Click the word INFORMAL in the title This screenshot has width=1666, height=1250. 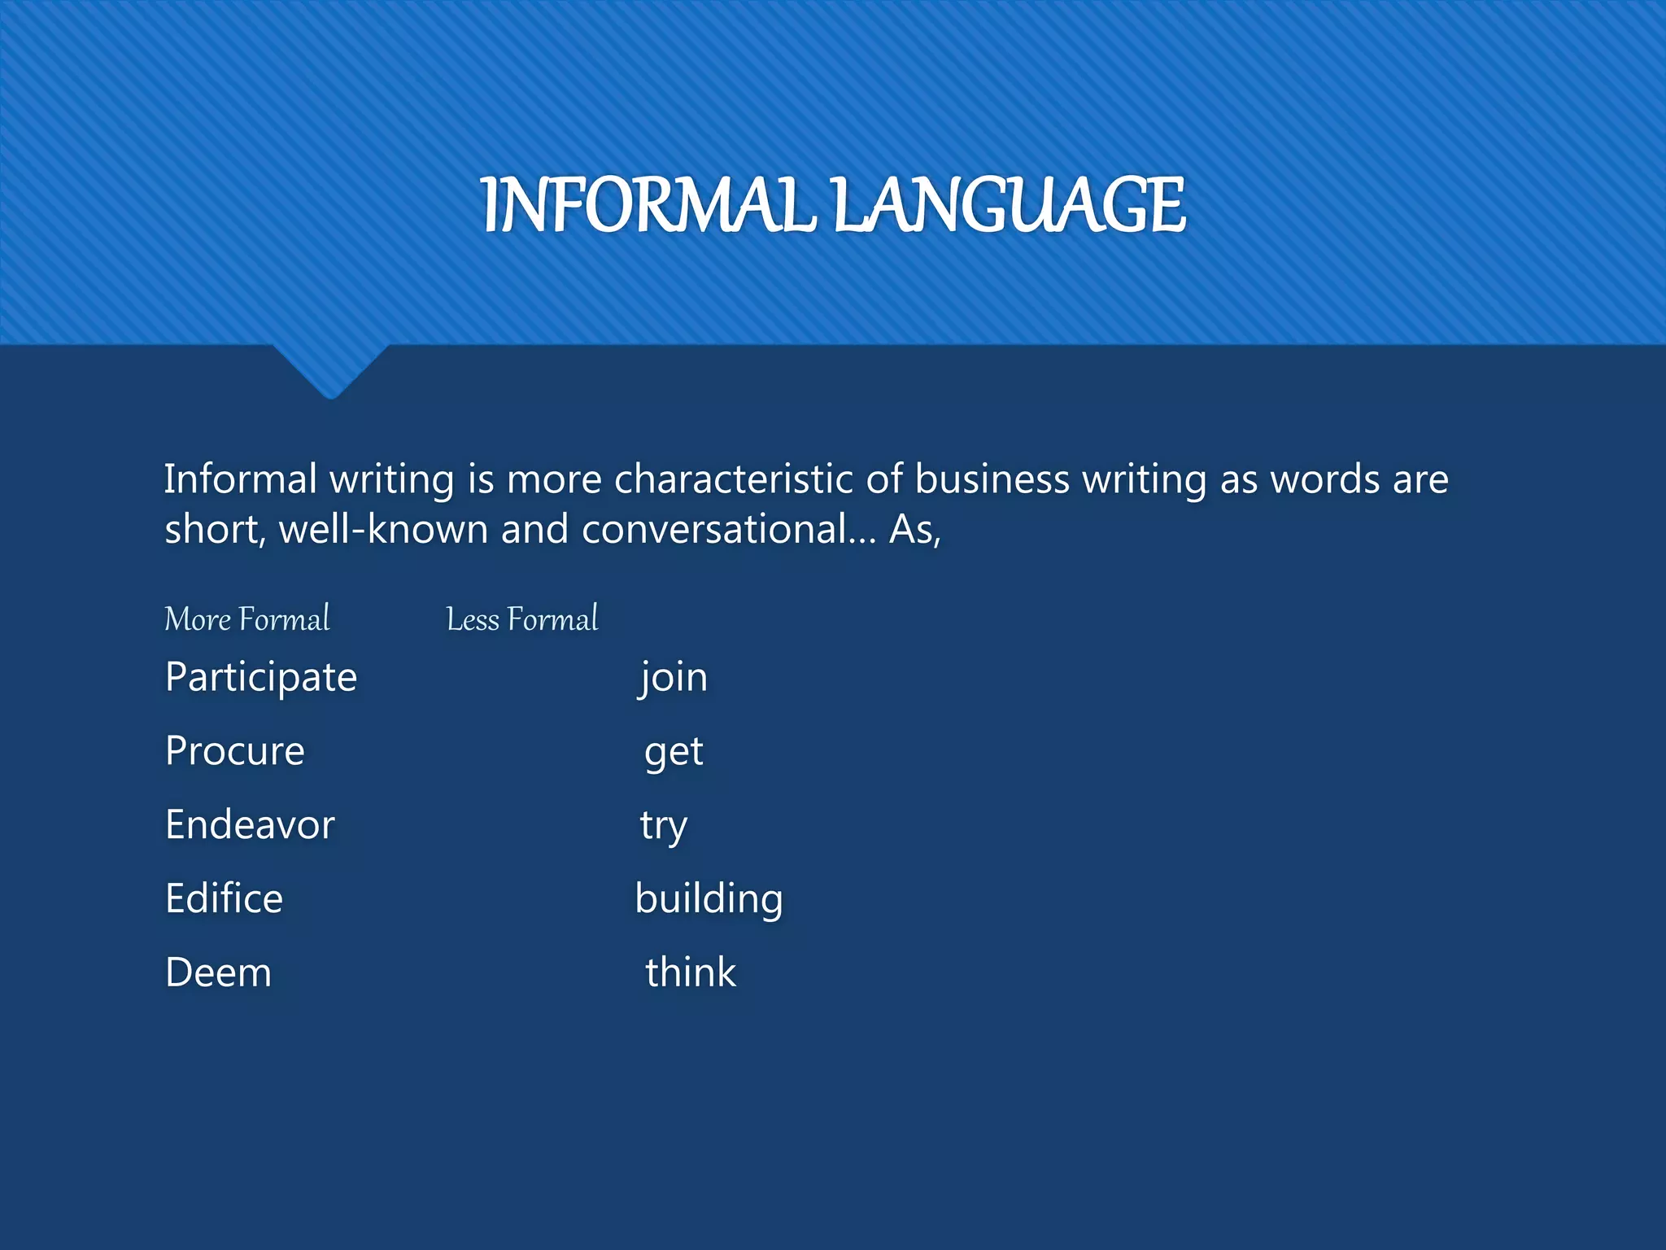[648, 205]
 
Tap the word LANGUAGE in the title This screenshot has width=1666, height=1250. [1009, 205]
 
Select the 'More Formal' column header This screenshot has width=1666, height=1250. [247, 619]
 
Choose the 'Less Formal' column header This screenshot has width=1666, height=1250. [522, 619]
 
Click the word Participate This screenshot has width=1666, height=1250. [261, 677]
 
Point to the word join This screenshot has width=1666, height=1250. [673, 677]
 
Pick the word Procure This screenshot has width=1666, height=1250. [235, 751]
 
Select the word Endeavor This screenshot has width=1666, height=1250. [250, 825]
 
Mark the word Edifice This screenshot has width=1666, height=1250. [224, 898]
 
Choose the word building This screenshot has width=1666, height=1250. [709, 899]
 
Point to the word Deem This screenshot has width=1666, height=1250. [218, 972]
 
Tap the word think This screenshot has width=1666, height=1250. [691, 972]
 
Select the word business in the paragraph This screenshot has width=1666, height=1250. [992, 479]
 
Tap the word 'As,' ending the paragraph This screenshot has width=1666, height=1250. [915, 531]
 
